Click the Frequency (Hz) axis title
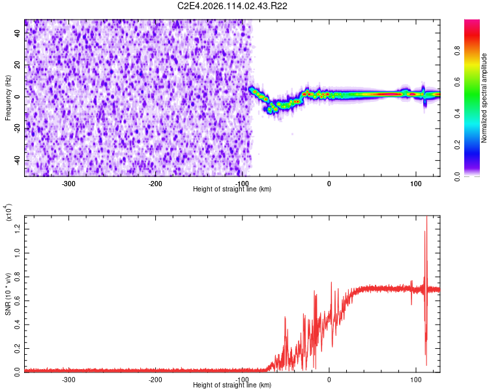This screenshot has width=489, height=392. tap(8, 97)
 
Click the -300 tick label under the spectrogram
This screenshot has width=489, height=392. tap(68, 183)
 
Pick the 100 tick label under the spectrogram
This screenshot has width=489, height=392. tap(415, 183)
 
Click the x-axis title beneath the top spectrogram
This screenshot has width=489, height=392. tap(232, 189)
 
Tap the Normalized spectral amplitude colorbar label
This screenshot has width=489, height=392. tap(483, 98)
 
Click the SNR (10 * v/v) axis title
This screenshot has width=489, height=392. tap(8, 293)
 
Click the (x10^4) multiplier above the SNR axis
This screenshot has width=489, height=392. tap(8, 213)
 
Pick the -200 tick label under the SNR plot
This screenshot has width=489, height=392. tap(155, 379)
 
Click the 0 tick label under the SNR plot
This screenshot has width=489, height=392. tap(329, 379)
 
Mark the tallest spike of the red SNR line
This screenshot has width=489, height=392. tap(426, 218)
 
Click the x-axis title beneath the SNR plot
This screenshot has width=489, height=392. tap(232, 385)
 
